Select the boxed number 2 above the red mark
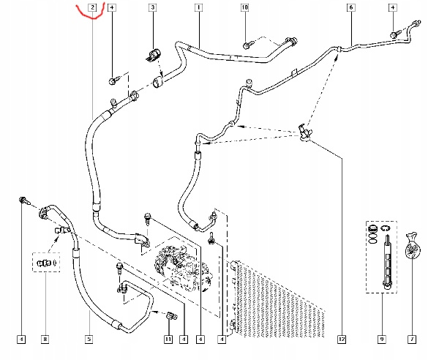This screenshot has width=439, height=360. [93, 7]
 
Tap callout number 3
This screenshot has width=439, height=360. [153, 7]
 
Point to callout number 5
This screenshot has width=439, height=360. [89, 339]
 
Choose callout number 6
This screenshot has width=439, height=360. [350, 7]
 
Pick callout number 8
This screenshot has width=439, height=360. [45, 339]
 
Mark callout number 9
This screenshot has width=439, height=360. [381, 339]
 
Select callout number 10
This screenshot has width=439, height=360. [245, 7]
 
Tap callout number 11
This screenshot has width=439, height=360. [167, 339]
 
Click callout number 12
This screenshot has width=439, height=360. [340, 339]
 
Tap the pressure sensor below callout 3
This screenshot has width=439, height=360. [154, 52]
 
